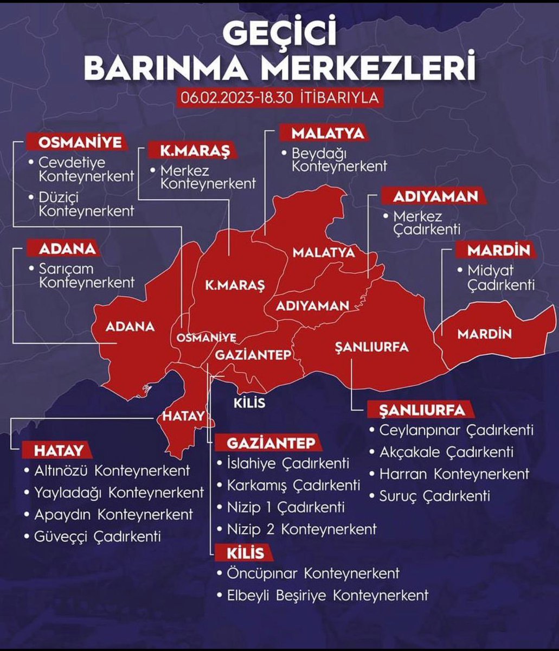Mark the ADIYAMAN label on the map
click(312, 305)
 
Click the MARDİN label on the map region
click(484, 334)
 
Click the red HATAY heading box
click(60, 450)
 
